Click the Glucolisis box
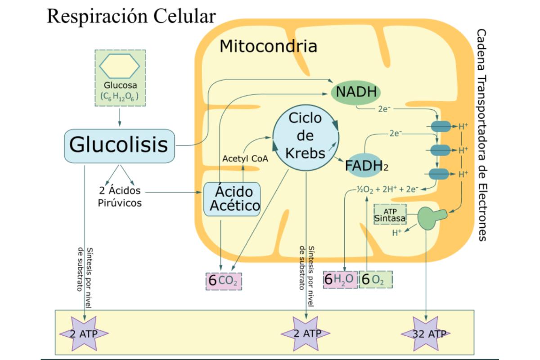pos(119,146)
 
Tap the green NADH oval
pos(356,92)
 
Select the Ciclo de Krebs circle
pos(306,136)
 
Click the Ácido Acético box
pos(232,199)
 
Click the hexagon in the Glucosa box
pos(120,66)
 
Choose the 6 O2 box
pos(375,279)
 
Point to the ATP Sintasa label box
pos(390,214)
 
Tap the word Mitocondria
pos(268,46)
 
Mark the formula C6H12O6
pos(120,96)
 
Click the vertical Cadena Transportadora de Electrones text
pos(481,135)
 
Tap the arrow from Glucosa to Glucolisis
pos(120,117)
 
